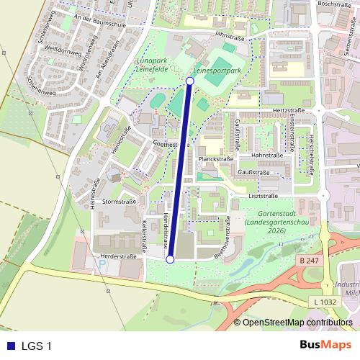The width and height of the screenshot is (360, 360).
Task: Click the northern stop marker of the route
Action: pyautogui.click(x=189, y=81)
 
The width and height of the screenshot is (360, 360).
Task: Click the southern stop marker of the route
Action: pyautogui.click(x=170, y=259)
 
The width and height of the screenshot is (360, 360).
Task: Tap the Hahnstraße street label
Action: pyautogui.click(x=267, y=155)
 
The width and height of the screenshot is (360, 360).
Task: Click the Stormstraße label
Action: pyautogui.click(x=119, y=202)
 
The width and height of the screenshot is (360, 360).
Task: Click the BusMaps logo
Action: pyautogui.click(x=325, y=345)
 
